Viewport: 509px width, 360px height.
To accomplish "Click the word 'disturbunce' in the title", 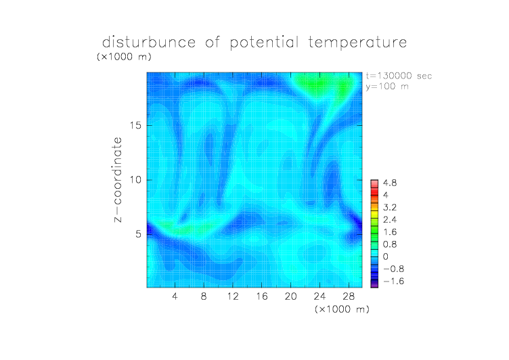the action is [149, 42].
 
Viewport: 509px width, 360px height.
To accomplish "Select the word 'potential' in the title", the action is [264, 43].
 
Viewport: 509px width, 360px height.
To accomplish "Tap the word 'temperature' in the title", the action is [357, 43].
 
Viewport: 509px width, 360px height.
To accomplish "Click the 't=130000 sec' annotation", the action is [399, 76].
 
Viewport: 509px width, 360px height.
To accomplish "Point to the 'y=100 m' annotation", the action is [387, 87].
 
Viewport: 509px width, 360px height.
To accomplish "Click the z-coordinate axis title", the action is [118, 179].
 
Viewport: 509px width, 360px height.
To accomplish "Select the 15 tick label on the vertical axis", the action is [135, 126].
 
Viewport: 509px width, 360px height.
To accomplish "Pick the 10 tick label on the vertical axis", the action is [135, 180].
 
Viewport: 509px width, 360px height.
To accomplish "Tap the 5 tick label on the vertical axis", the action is [139, 234].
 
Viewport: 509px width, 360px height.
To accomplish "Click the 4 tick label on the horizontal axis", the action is [175, 296].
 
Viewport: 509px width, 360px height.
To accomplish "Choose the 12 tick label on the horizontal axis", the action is [233, 296].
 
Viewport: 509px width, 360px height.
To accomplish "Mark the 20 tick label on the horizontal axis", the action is [290, 296].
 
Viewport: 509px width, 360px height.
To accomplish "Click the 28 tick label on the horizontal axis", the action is [349, 296].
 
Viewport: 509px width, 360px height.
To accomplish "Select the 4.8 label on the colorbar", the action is [390, 183].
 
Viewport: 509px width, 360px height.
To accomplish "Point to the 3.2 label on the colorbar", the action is [390, 208].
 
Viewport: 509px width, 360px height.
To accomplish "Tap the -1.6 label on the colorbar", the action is [394, 281].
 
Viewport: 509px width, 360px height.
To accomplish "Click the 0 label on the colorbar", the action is [386, 256].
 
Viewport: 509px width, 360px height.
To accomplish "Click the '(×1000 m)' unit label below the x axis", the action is [342, 309].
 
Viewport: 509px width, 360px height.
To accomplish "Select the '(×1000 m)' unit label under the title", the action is [124, 57].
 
